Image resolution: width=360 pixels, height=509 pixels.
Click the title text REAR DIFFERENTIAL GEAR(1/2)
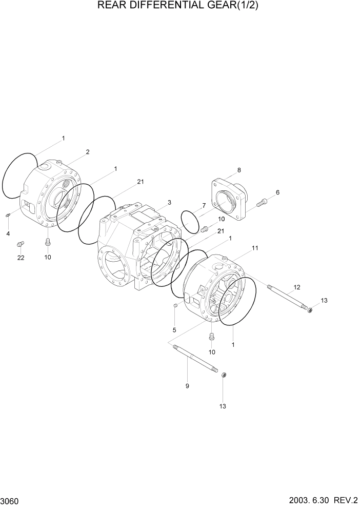click(180, 6)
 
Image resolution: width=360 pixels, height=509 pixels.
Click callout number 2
click(88, 152)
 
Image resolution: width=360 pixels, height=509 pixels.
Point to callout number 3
click(170, 202)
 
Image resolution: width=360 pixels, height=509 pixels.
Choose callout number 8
click(239, 170)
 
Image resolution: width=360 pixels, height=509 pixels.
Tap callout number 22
click(21, 258)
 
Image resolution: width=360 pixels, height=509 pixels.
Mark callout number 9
click(187, 386)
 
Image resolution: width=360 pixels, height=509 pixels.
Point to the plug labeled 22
click(21, 244)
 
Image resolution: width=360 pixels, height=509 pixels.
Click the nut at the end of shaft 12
click(310, 310)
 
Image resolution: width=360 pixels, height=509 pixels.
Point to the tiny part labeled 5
click(175, 305)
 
